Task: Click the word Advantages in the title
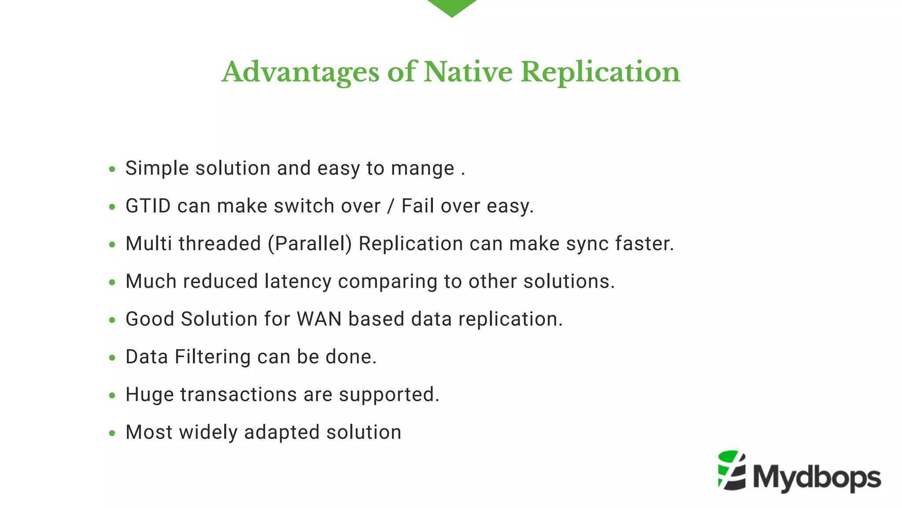[x=300, y=72]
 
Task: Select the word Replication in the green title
[x=600, y=72]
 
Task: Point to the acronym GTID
[x=148, y=206]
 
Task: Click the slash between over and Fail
[x=391, y=206]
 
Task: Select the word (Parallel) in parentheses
[x=310, y=244]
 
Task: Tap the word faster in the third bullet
[x=644, y=244]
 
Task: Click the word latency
[x=298, y=282]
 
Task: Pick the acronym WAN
[x=319, y=319]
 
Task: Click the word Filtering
[x=212, y=357]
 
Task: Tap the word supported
[x=389, y=395]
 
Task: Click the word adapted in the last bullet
[x=282, y=433]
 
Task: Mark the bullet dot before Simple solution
[x=112, y=169]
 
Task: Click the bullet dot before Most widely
[x=112, y=433]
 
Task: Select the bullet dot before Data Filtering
[x=112, y=358]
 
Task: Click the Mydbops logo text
[x=817, y=478]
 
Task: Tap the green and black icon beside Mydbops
[x=732, y=471]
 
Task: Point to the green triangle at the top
[x=452, y=7]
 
